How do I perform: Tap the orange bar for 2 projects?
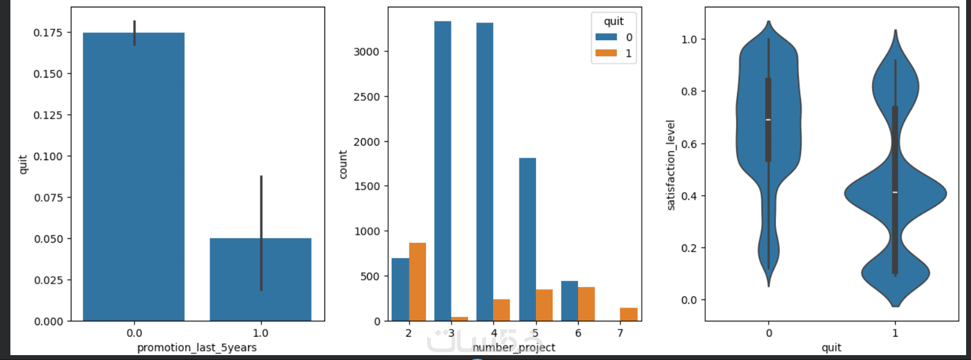[417, 282]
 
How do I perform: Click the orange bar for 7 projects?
[629, 314]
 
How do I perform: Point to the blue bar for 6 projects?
[570, 301]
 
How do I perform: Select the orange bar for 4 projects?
[502, 310]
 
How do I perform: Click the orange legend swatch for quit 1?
[606, 53]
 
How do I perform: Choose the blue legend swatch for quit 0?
[606, 37]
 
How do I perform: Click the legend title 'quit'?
[614, 21]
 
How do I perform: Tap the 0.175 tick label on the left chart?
[48, 32]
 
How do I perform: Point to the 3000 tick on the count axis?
[367, 52]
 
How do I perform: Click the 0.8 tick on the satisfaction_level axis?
[689, 92]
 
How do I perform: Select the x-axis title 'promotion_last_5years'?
[197, 348]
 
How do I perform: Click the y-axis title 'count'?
[343, 164]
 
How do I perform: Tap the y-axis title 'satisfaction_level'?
[671, 165]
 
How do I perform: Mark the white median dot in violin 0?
[768, 119]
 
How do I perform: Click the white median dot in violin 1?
[895, 193]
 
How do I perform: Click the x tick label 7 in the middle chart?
[620, 333]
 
